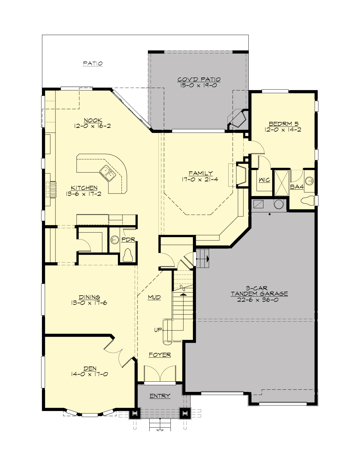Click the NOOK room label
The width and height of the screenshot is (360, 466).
(x=93, y=120)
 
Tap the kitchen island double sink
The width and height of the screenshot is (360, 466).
(x=107, y=173)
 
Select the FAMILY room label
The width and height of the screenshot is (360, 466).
(x=201, y=173)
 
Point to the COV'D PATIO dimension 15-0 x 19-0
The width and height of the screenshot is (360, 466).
(x=199, y=85)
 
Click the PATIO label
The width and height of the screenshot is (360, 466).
(x=93, y=64)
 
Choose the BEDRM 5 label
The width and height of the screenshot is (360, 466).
(x=283, y=124)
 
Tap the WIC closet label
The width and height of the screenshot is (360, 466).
(x=264, y=180)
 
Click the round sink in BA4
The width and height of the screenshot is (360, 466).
(x=309, y=181)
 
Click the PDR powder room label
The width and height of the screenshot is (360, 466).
(x=128, y=239)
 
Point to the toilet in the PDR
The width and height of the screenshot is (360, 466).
(x=128, y=256)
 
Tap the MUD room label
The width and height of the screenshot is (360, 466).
(x=154, y=297)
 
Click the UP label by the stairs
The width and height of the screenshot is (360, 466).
(x=158, y=330)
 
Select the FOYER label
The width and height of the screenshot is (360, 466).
(x=160, y=355)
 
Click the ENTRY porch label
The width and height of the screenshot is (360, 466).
(x=160, y=396)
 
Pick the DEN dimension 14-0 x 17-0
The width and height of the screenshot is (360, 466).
(x=89, y=374)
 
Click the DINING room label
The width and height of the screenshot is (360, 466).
(x=89, y=297)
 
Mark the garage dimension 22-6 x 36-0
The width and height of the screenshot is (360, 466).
(x=258, y=300)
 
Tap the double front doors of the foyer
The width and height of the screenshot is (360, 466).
(x=160, y=374)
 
